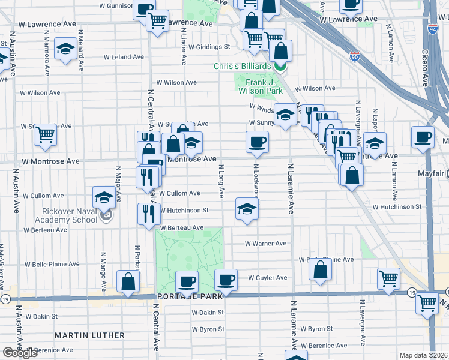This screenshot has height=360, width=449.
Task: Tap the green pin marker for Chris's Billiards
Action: [280, 66]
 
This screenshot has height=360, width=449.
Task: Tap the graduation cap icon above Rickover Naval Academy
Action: [104, 196]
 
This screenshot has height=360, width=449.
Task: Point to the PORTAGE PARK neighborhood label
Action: [187, 296]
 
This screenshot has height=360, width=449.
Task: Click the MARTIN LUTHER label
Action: [90, 335]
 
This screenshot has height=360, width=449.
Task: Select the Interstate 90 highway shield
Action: [355, 57]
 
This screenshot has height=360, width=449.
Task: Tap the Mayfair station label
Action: [431, 174]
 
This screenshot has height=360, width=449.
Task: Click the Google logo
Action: [20, 352]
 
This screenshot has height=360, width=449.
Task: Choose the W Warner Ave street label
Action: [266, 244]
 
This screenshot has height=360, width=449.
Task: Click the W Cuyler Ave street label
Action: [268, 278]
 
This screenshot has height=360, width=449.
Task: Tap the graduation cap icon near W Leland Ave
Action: [64, 49]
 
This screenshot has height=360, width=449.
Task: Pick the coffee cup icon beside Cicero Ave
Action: [423, 136]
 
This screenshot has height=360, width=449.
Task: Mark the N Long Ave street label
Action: [221, 182]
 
